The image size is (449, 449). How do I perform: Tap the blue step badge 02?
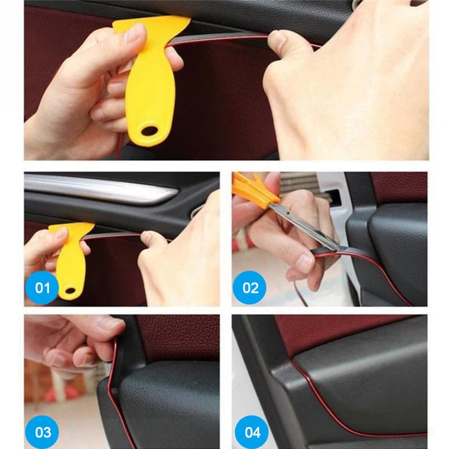[250, 288]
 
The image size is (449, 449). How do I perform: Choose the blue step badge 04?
[250, 432]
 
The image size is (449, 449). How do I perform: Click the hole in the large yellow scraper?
[149, 131]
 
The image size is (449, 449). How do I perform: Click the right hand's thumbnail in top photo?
[276, 39]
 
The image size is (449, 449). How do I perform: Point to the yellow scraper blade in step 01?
[70, 230]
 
